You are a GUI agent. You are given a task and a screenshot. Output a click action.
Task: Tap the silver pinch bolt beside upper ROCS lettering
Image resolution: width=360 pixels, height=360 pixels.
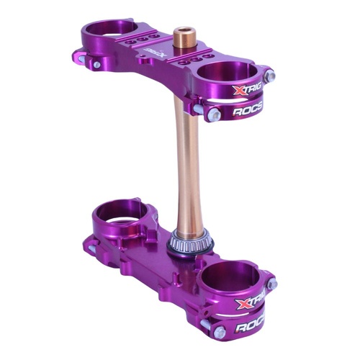pos(213,114)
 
